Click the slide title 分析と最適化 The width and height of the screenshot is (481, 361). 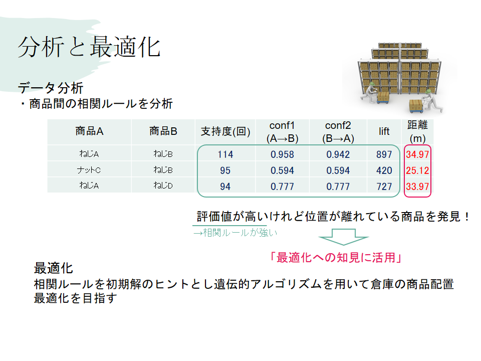(x=89, y=47)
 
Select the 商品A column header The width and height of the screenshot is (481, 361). (x=89, y=131)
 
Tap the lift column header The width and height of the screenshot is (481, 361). (x=384, y=131)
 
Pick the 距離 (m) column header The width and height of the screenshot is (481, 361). (x=417, y=131)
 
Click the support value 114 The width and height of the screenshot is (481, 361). (x=225, y=154)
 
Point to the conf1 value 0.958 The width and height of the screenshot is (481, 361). (x=282, y=154)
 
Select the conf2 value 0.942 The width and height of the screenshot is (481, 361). (x=338, y=154)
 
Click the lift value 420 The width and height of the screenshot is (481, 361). (x=384, y=170)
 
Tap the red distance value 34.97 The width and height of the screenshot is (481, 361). (x=417, y=154)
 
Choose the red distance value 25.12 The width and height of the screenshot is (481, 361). (x=417, y=170)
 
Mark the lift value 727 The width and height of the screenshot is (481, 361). (x=384, y=187)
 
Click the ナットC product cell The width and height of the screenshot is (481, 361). (x=89, y=170)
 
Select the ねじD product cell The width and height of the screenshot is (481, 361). (x=163, y=186)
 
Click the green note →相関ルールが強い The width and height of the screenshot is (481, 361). (x=235, y=233)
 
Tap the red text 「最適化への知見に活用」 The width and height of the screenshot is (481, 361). (x=336, y=258)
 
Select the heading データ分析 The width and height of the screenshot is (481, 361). (x=51, y=88)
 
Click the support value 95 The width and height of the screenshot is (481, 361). (x=225, y=170)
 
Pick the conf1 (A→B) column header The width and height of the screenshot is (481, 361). (x=282, y=132)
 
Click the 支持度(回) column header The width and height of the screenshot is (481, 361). (x=225, y=131)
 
